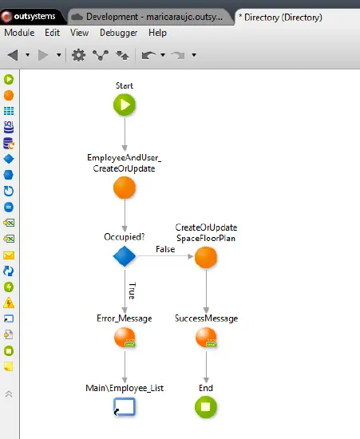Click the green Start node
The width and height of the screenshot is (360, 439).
[x=125, y=105]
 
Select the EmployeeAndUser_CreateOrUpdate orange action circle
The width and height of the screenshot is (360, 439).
[x=125, y=188]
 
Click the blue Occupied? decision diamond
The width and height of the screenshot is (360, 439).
[x=125, y=256]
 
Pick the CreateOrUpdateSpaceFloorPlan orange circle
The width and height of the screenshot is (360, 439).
[x=206, y=257]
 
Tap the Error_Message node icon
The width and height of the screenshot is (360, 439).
[x=125, y=338]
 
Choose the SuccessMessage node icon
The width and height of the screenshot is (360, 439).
[x=206, y=338]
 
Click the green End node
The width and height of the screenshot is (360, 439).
[x=206, y=407]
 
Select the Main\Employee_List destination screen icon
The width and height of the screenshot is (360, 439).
[x=125, y=407]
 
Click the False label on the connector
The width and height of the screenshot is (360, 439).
[x=165, y=249]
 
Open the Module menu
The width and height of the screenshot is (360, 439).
[x=19, y=33]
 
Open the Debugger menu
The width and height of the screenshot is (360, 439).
[x=118, y=33]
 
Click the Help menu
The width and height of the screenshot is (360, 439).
[x=157, y=33]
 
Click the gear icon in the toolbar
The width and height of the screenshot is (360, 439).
[x=79, y=55]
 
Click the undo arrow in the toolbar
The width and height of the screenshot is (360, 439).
[x=148, y=55]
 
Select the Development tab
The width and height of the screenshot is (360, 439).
[x=150, y=17]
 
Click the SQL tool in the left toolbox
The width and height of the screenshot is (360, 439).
[x=9, y=127]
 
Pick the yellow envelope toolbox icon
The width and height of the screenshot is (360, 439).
[x=9, y=255]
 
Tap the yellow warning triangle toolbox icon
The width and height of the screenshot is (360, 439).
[x=9, y=303]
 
